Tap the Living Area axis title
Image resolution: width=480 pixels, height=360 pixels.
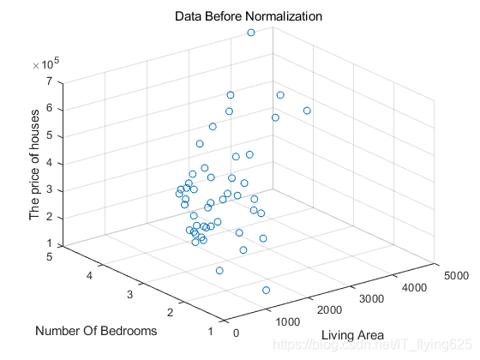352,334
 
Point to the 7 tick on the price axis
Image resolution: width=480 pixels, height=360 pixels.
51,81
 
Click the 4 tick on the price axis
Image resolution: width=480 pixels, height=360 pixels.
51,163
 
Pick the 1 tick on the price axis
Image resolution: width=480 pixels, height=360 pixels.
51,244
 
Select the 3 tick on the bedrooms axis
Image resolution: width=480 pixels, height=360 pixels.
129,294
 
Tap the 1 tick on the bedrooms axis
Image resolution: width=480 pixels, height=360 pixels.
211,333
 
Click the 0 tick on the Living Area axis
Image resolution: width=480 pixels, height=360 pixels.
237,334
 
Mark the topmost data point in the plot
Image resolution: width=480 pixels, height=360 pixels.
251,33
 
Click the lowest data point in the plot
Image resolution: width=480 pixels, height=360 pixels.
266,291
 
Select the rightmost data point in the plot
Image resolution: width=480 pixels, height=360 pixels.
307,111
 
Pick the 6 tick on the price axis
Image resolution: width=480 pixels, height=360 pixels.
51,108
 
